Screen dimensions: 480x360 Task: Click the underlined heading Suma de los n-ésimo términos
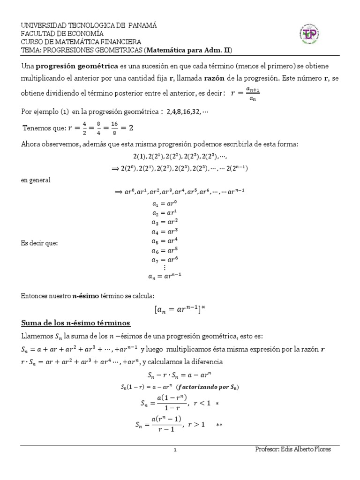click(x=75, y=323)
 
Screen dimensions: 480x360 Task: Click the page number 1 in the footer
click(x=174, y=450)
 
